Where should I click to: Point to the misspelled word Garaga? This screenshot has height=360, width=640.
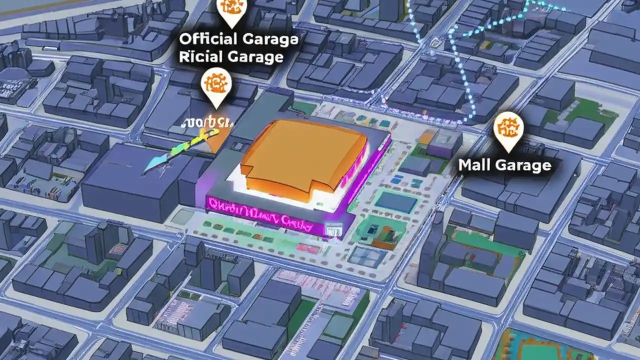(270, 39)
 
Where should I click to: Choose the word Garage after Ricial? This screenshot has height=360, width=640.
(255, 56)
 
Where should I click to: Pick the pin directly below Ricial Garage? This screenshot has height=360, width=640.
(215, 86)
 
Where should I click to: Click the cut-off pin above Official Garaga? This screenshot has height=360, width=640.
(231, 11)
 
